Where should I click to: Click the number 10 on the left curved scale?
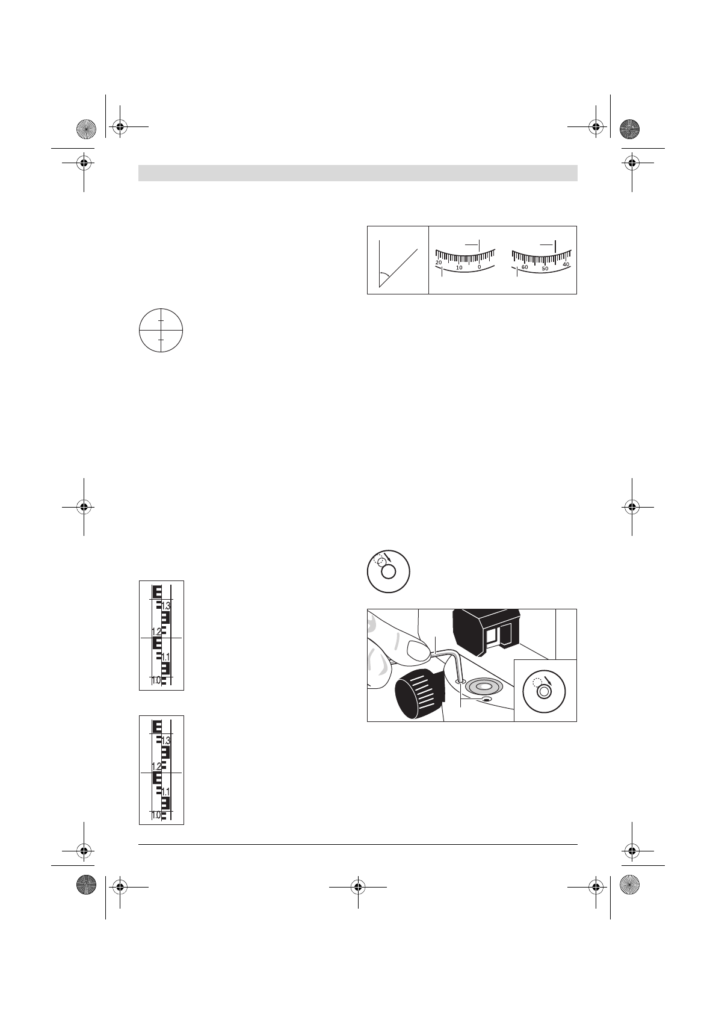[x=459, y=267]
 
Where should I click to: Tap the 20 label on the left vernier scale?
[x=438, y=263]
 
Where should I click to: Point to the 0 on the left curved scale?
[x=480, y=267]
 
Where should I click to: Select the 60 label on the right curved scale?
[x=525, y=267]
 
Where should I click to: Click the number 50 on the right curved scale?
[x=545, y=269]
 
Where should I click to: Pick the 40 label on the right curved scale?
[x=566, y=264]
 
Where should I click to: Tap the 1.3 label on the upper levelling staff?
[x=166, y=606]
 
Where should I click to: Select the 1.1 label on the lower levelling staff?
[x=166, y=792]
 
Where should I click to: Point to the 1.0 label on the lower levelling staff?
[x=156, y=815]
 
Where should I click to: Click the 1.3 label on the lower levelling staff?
[x=166, y=741]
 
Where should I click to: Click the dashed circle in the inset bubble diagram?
[x=537, y=682]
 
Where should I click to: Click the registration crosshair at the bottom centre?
[x=358, y=888]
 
